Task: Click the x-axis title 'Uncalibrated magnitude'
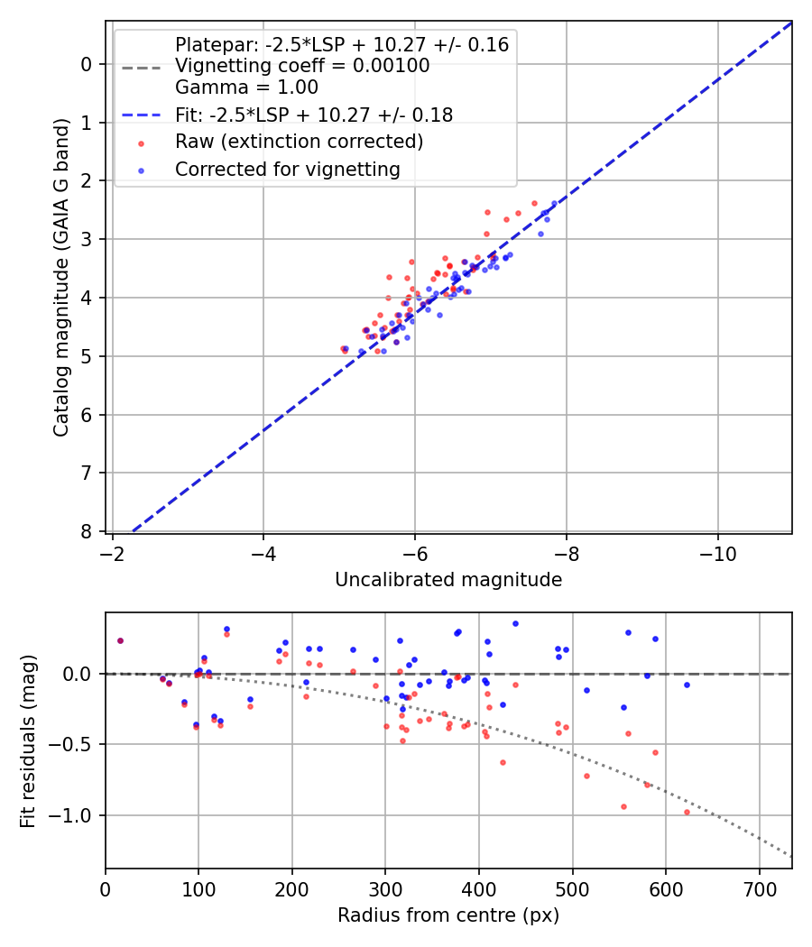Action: tap(448, 580)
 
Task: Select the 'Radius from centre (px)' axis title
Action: tap(448, 915)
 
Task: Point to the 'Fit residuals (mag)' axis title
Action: tap(28, 741)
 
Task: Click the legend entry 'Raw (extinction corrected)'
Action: tap(299, 142)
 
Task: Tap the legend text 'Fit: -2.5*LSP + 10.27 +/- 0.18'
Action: tap(313, 115)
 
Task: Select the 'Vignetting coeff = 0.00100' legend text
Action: tap(302, 66)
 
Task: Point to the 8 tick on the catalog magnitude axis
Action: tap(87, 531)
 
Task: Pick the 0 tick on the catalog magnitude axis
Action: tap(87, 64)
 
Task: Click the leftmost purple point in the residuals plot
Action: tap(120, 640)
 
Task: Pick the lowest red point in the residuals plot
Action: tap(687, 812)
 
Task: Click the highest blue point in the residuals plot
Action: tap(515, 623)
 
